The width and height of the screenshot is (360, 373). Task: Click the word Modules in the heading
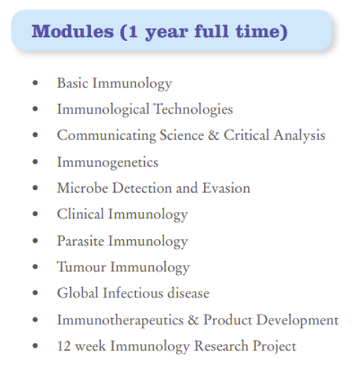[72, 31]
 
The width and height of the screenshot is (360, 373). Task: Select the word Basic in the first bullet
[72, 83]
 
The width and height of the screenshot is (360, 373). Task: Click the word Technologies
[193, 109]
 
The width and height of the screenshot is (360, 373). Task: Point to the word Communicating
[106, 136]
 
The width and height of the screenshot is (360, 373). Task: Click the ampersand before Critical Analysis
[214, 135]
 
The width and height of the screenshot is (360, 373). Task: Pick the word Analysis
[300, 136]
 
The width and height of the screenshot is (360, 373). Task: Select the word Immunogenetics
[108, 163]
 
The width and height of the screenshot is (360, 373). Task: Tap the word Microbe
[83, 188]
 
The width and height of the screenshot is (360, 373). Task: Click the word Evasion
[226, 188]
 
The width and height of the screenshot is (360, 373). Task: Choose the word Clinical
[81, 214]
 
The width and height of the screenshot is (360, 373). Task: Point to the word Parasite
[81, 241]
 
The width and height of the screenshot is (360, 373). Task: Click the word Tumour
[81, 267]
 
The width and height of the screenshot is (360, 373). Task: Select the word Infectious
[133, 293]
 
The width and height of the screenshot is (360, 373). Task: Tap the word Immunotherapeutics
[120, 320]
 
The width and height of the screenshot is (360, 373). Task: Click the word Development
[297, 320]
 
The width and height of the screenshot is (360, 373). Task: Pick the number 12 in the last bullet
[64, 346]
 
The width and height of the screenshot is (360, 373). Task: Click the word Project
[274, 347]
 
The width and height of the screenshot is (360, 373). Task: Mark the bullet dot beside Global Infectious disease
[35, 293]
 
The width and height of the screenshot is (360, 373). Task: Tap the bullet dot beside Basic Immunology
[35, 83]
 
